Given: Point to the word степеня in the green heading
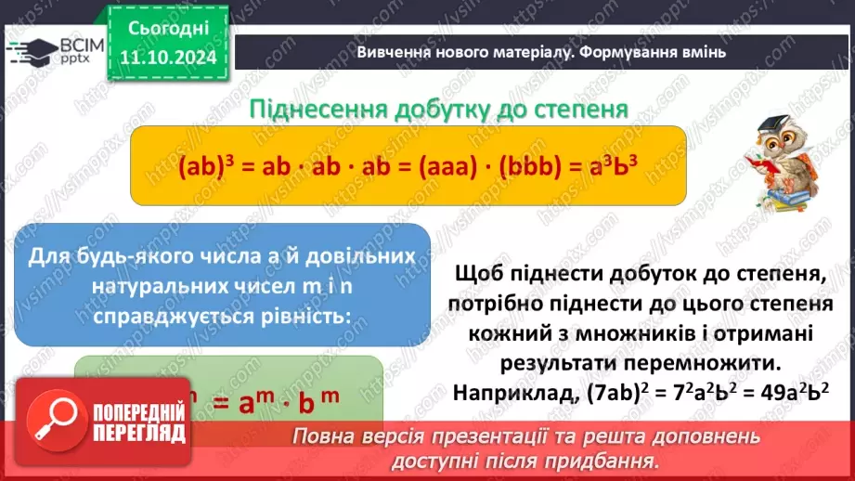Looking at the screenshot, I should pyautogui.click(x=583, y=109).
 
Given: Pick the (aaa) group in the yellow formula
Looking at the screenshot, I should pyautogui.click(x=457, y=170).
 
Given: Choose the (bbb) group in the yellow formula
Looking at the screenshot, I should pyautogui.click(x=541, y=170).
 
